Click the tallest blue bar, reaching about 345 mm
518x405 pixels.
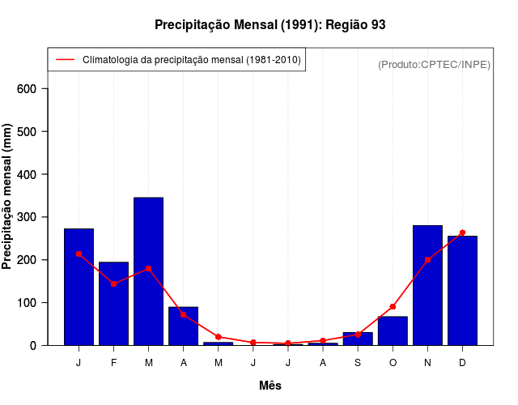point(148,271)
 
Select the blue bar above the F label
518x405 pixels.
point(113,304)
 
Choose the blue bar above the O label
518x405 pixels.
point(393,330)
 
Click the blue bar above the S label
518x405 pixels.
point(358,339)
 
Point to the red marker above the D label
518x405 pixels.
point(462,232)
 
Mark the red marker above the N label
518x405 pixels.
point(427,260)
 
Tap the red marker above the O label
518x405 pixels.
point(393,307)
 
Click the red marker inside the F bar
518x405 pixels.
point(113,283)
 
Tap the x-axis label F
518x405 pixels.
point(113,363)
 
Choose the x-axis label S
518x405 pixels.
point(358,363)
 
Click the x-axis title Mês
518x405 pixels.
point(270,386)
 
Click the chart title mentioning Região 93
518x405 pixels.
point(270,25)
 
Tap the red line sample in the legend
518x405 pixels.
point(65,60)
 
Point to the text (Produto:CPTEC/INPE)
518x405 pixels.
point(434,64)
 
